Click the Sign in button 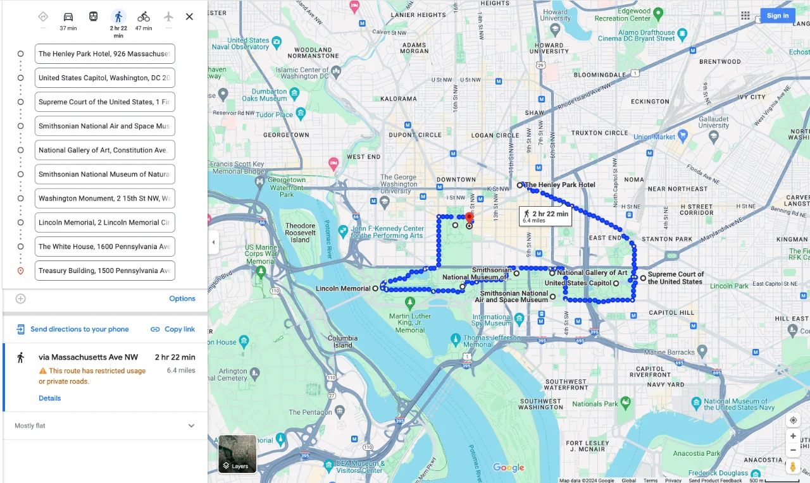coord(777,16)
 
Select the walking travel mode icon coord(118,17)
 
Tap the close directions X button coord(189,17)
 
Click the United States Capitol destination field coord(104,78)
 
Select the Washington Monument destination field coord(104,199)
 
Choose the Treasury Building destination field coord(104,271)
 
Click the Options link coord(182,298)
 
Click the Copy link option coord(173,329)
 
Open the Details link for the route coord(49,398)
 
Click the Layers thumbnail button coord(237,453)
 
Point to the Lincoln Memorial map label coord(342,289)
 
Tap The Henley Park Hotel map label coord(560,185)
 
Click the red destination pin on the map coord(469,219)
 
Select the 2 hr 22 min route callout coord(545,216)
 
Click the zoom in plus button coord(792,436)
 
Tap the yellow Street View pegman coord(792,467)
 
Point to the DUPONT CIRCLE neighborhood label coord(415,135)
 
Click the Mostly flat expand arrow coord(191,426)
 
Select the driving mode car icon coord(68,17)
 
